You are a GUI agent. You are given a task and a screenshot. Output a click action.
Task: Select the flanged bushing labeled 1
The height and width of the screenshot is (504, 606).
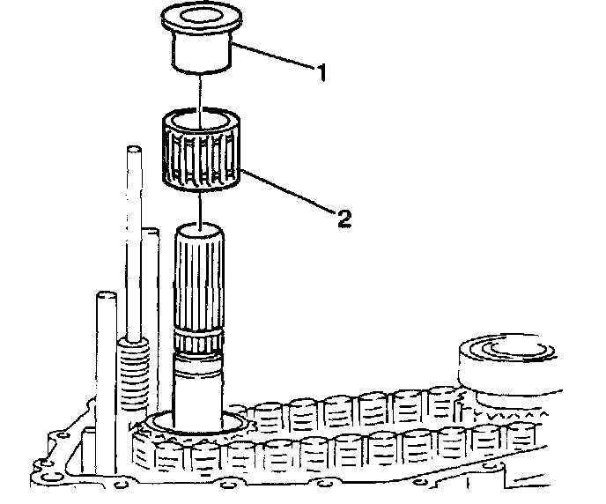point(201,44)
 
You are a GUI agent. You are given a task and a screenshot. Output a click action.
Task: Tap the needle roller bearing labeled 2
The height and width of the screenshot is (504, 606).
point(203,150)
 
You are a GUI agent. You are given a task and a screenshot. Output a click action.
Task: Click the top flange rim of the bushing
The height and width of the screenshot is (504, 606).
point(201,19)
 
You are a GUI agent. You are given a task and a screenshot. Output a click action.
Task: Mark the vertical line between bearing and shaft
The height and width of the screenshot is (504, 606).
point(202,207)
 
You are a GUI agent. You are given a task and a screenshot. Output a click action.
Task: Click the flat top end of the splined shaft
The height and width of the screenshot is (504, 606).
point(202,229)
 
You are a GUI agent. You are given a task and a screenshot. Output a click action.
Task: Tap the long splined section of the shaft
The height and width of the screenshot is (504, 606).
point(202,282)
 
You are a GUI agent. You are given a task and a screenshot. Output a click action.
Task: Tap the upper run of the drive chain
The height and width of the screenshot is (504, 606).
point(352,407)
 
